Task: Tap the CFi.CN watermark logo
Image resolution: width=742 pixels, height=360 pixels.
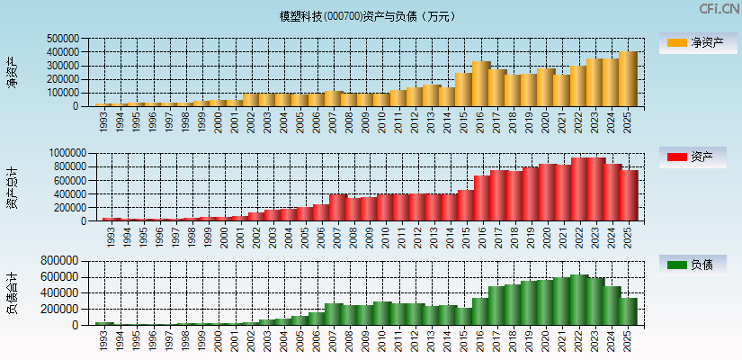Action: coord(719,9)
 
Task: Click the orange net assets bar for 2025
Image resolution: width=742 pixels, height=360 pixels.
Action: coord(628,79)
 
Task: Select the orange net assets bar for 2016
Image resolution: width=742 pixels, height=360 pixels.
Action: coord(481,84)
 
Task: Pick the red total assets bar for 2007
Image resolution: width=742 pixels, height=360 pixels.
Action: coord(338,208)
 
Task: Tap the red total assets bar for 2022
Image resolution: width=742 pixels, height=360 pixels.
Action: coord(579,190)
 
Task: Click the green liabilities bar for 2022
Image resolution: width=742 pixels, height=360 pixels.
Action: coord(579,300)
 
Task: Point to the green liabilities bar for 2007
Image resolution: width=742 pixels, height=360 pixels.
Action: coord(334,314)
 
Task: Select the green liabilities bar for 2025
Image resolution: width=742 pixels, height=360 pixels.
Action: coord(628,311)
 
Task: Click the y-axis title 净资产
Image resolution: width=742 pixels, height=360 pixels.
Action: coord(12,72)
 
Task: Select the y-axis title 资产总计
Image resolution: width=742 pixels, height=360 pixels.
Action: coord(12,187)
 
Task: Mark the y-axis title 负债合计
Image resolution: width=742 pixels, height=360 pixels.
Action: coord(12,292)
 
